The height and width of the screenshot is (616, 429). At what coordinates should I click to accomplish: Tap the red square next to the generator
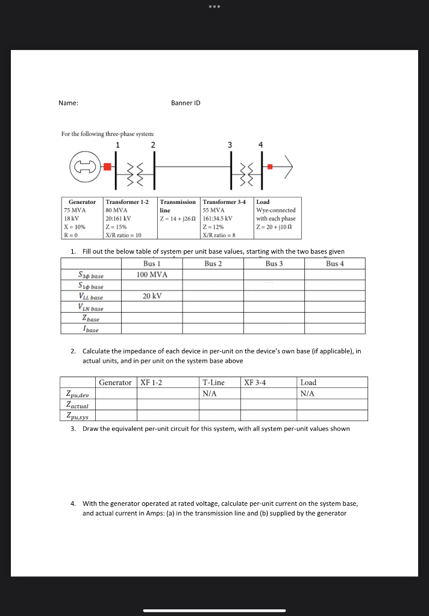coord(107,166)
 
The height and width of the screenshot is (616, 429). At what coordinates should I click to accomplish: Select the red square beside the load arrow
coord(270,166)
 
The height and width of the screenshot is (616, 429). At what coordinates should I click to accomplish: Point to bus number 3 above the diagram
coord(229,144)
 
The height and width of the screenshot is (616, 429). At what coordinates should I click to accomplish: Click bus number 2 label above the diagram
coord(152,144)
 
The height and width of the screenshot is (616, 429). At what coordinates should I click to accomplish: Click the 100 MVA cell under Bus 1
coord(152,274)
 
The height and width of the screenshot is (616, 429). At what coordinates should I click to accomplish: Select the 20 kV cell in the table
coord(152,296)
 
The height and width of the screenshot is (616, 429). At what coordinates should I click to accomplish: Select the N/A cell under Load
coord(307,393)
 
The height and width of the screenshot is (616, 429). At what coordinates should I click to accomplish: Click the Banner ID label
coord(186,103)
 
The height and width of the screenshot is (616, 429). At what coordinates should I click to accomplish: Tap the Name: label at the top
coord(68,103)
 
